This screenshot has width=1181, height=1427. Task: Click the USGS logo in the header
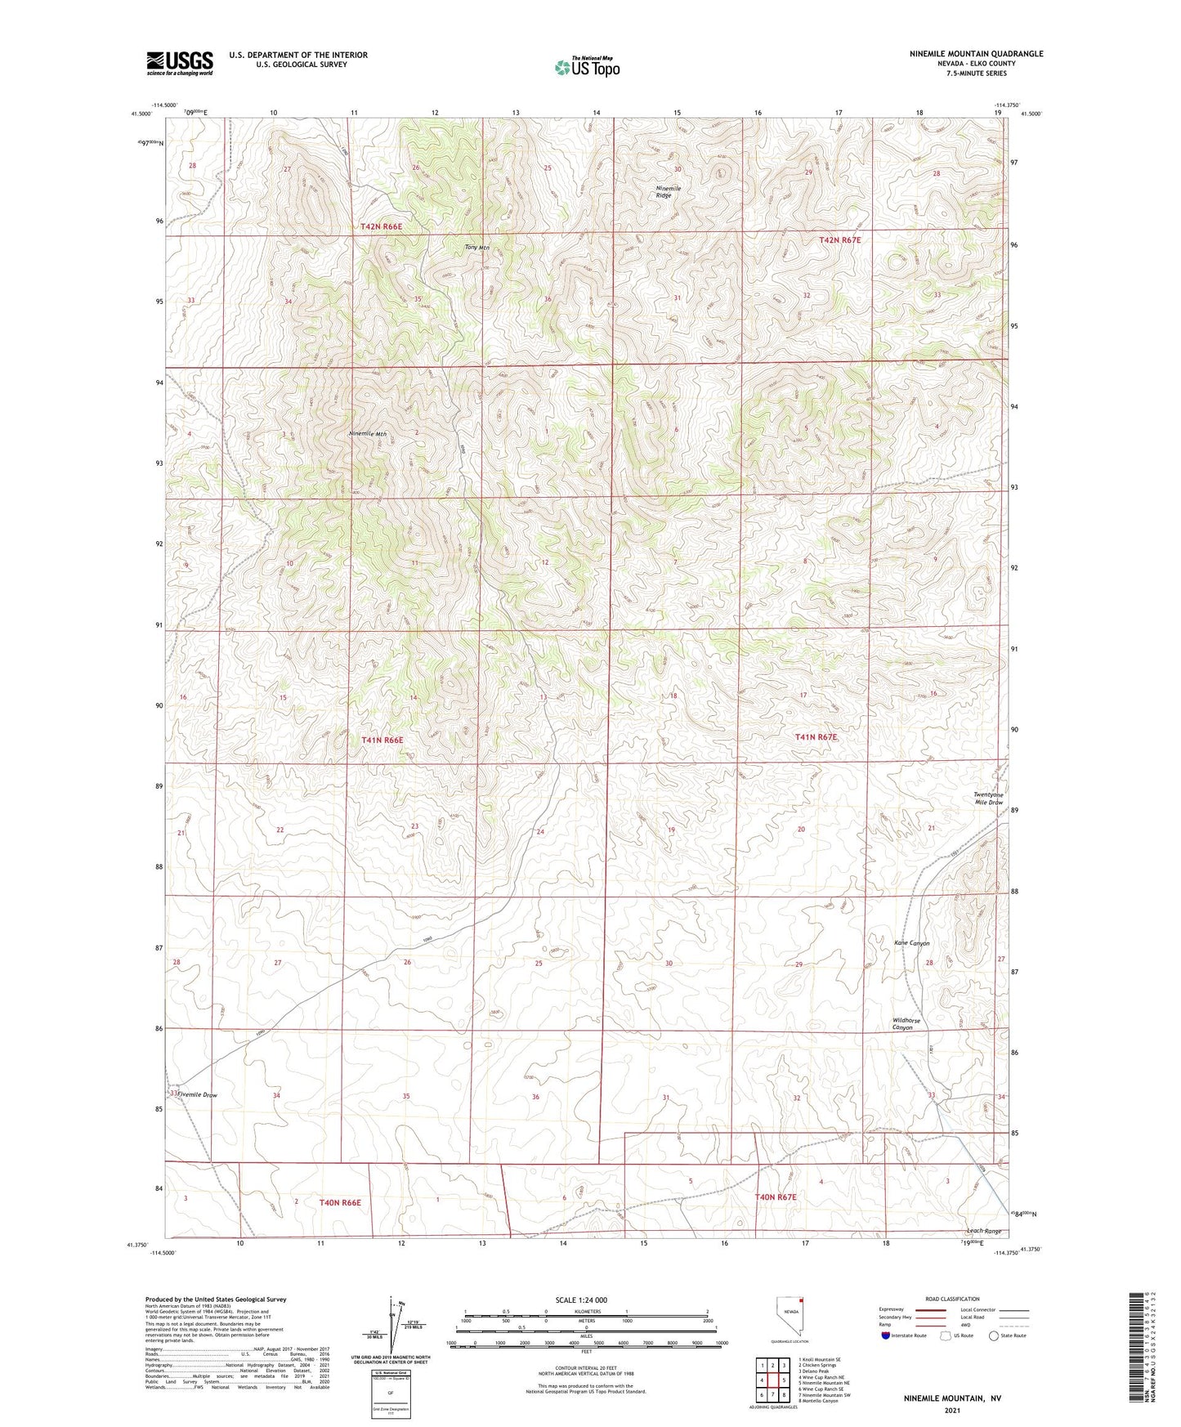tap(180, 63)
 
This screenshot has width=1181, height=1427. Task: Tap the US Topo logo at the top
tap(587, 67)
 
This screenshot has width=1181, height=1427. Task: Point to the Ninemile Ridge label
tap(669, 192)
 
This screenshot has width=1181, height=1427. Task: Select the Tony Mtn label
tap(476, 248)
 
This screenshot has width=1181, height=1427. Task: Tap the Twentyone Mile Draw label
tap(988, 798)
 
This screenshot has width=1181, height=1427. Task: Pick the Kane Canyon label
tap(911, 943)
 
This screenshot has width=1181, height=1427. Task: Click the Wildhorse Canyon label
tap(906, 1024)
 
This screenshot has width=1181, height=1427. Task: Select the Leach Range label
tap(983, 1231)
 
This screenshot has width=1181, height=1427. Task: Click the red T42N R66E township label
tap(382, 226)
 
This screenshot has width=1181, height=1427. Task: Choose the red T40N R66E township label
tap(340, 1202)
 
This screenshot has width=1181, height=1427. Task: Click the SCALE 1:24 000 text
tap(581, 1300)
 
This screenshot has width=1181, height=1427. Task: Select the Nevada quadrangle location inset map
tap(789, 1315)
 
